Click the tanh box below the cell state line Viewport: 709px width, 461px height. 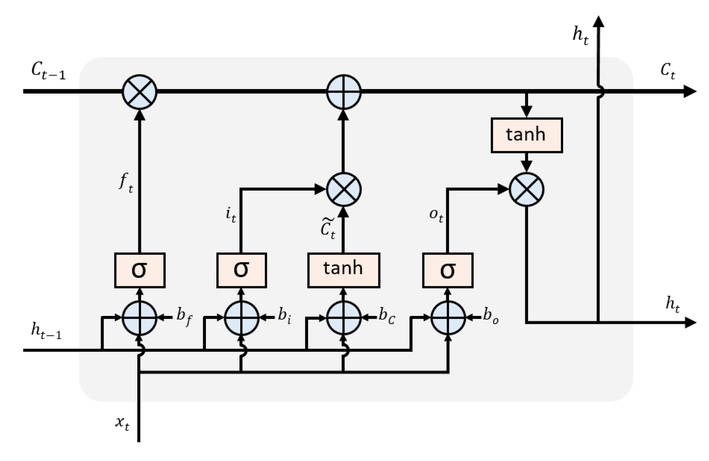pyautogui.click(x=526, y=135)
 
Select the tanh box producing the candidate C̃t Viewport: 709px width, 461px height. pyautogui.click(x=344, y=270)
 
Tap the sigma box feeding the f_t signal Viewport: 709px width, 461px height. pyautogui.click(x=140, y=270)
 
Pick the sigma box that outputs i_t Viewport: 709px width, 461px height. pyautogui.click(x=242, y=270)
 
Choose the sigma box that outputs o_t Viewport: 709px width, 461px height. pyautogui.click(x=448, y=270)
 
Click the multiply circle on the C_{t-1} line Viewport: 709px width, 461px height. pyautogui.click(x=140, y=92)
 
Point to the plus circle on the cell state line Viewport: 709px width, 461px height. pyautogui.click(x=344, y=92)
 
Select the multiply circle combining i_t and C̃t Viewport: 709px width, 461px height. pyautogui.click(x=344, y=189)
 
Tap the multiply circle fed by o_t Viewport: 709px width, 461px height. pyautogui.click(x=526, y=189)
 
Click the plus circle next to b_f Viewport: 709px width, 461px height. pyautogui.click(x=140, y=318)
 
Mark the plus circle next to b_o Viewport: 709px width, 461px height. pyautogui.click(x=448, y=318)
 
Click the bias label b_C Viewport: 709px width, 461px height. pyautogui.click(x=387, y=316)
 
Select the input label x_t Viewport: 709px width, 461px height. pyautogui.click(x=122, y=423)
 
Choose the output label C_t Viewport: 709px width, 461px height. pyautogui.click(x=668, y=71)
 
